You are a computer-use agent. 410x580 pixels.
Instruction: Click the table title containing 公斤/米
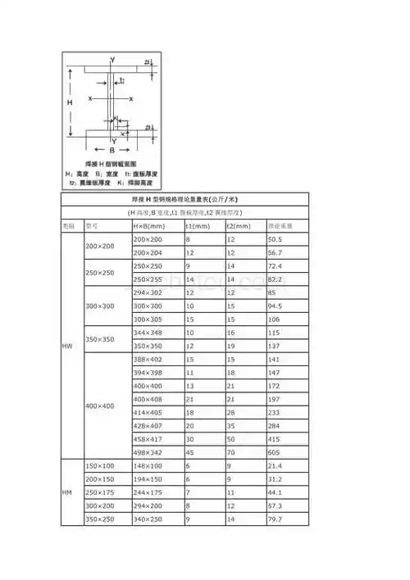(x=185, y=199)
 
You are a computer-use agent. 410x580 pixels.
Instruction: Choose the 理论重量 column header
(x=281, y=225)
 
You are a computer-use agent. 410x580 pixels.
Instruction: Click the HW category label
(x=67, y=347)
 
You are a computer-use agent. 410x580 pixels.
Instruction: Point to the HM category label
(x=67, y=492)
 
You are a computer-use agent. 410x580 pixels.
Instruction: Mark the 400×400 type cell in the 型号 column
(x=99, y=406)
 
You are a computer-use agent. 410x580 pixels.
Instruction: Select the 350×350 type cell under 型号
(x=99, y=339)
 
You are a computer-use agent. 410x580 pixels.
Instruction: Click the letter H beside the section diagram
(x=71, y=102)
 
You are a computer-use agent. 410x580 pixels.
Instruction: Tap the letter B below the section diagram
(x=112, y=152)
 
